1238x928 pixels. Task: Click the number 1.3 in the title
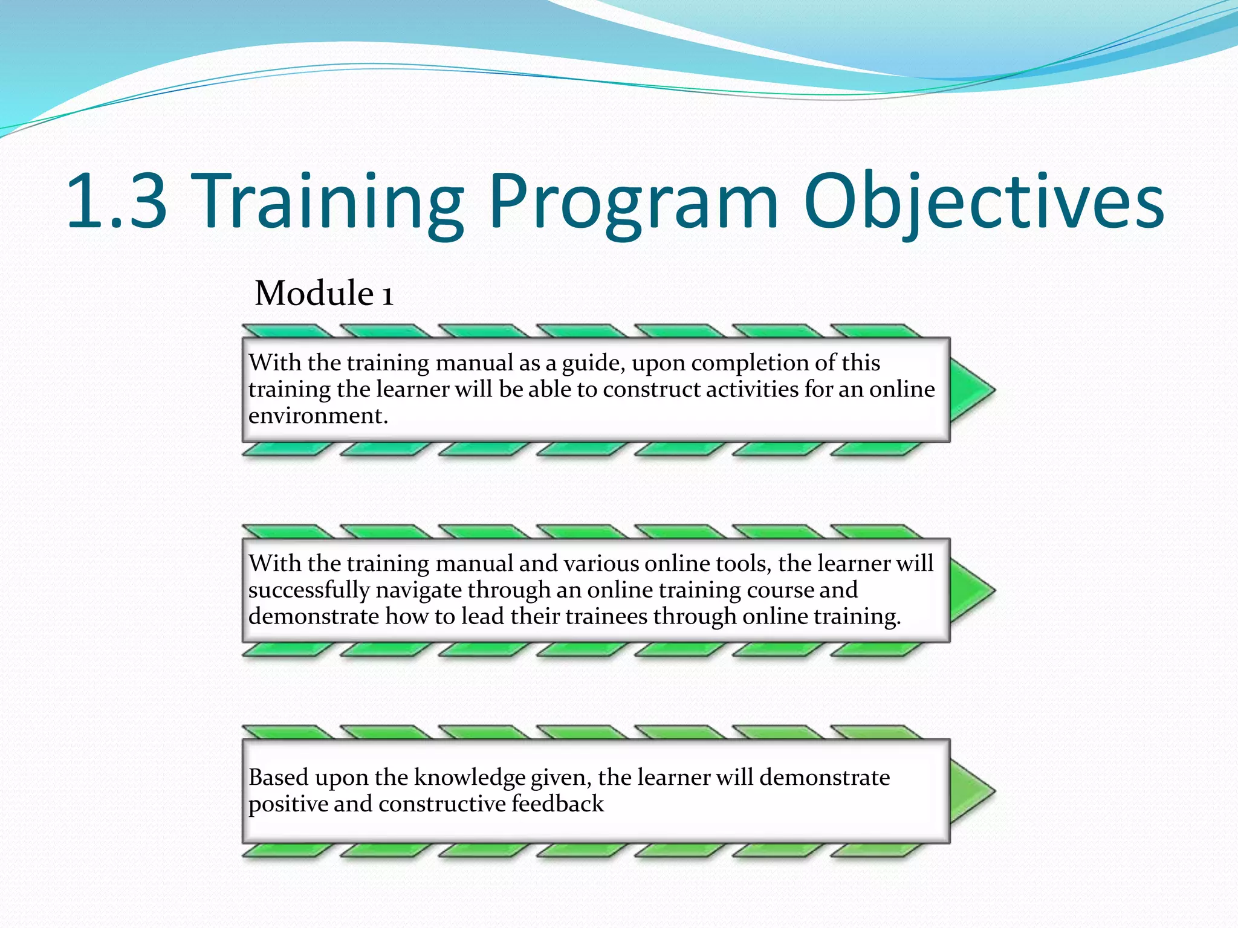pyautogui.click(x=116, y=201)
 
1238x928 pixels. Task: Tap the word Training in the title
pyautogui.click(x=330, y=201)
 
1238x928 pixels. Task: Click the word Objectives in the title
pyautogui.click(x=983, y=201)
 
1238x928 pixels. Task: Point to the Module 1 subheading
pyautogui.click(x=324, y=294)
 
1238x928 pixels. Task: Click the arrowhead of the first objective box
pyautogui.click(x=971, y=390)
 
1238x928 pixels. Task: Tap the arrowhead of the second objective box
pyautogui.click(x=971, y=590)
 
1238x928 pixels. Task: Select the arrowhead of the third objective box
pyautogui.click(x=971, y=791)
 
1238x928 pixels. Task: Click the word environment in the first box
pyautogui.click(x=317, y=416)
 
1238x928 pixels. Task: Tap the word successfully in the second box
pyautogui.click(x=308, y=590)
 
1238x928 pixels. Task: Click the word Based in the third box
pyautogui.click(x=278, y=778)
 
